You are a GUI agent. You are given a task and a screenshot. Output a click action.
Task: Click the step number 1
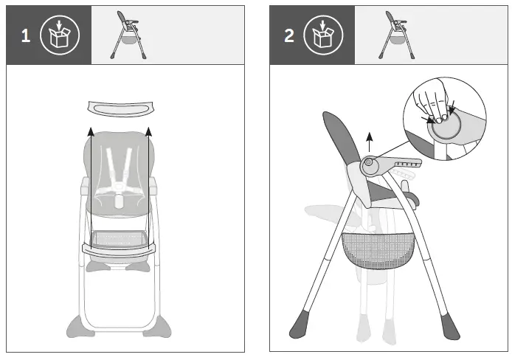(26, 36)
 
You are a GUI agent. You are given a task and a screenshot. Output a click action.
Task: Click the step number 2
(289, 36)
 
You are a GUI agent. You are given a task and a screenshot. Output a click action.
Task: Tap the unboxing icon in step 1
(64, 35)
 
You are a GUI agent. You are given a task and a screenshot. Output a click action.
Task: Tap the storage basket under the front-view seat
(119, 240)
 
